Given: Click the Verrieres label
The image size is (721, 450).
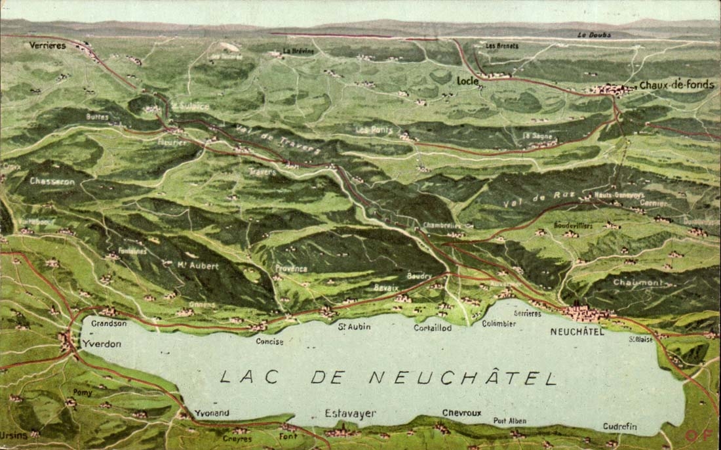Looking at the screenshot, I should [47, 45].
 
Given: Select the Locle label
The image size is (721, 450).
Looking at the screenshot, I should [467, 81].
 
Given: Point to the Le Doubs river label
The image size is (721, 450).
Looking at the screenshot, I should [594, 35].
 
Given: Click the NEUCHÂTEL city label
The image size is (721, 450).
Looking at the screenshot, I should [577, 332].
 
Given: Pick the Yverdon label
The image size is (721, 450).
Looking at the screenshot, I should [102, 344].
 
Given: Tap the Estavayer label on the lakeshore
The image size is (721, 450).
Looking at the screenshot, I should [351, 413].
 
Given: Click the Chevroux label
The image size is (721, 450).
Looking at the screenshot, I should [461, 413].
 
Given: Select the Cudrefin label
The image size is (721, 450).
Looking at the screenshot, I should [619, 426].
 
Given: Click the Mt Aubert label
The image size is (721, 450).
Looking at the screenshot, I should [198, 266].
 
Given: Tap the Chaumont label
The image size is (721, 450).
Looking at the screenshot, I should [636, 283].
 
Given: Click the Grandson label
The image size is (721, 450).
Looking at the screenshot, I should [109, 323].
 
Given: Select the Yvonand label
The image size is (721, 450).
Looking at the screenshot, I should [212, 413].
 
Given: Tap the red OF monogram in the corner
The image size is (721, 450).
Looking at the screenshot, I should [695, 435].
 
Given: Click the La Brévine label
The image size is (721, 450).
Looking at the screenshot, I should [298, 51].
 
